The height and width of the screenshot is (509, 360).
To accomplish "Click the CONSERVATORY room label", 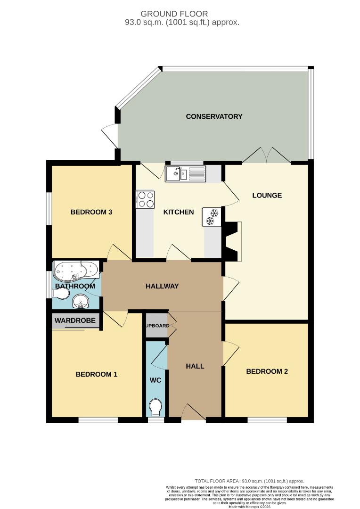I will coord(214,116).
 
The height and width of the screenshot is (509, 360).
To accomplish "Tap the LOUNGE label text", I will coord(267,195).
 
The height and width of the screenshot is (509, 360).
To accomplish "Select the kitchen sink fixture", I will coord(185,174).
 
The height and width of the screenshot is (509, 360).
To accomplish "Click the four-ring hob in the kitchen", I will coord(146,199).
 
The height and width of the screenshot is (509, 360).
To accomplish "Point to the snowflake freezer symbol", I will coord(212,217).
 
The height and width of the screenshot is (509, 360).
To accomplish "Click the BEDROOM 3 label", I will coord(91,212).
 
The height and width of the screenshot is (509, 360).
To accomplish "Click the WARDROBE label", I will coord(75,321).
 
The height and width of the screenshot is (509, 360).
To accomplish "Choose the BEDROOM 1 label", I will coord(97,375).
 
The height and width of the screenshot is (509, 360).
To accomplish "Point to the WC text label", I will coord(155,380).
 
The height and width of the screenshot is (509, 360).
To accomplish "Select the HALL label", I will coord(195,366).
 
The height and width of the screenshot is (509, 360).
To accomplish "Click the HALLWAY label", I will coord(162,286).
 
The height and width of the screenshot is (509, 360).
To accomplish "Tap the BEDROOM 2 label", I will coord(267,371).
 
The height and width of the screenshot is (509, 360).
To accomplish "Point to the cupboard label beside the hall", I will coord(156,326).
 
